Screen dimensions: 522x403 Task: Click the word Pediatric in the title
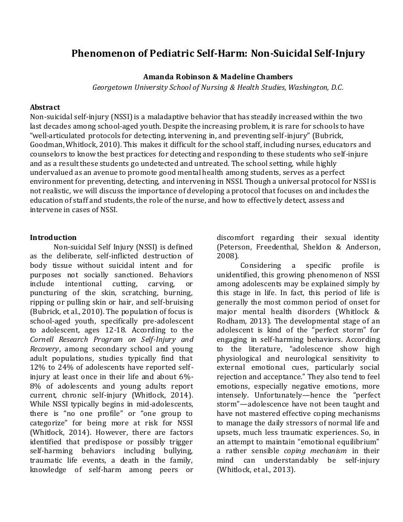click(x=166, y=54)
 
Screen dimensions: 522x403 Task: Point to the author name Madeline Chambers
click(x=253, y=77)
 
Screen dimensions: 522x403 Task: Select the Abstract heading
click(x=45, y=107)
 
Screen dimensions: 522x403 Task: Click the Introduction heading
click(x=53, y=237)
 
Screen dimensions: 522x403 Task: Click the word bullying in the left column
click(x=175, y=451)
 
